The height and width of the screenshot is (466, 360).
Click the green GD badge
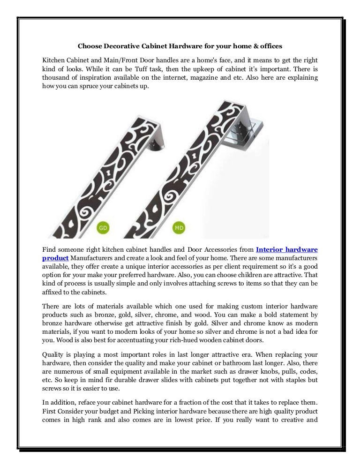tap(103, 228)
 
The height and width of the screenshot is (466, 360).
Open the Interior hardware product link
tap(286, 249)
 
